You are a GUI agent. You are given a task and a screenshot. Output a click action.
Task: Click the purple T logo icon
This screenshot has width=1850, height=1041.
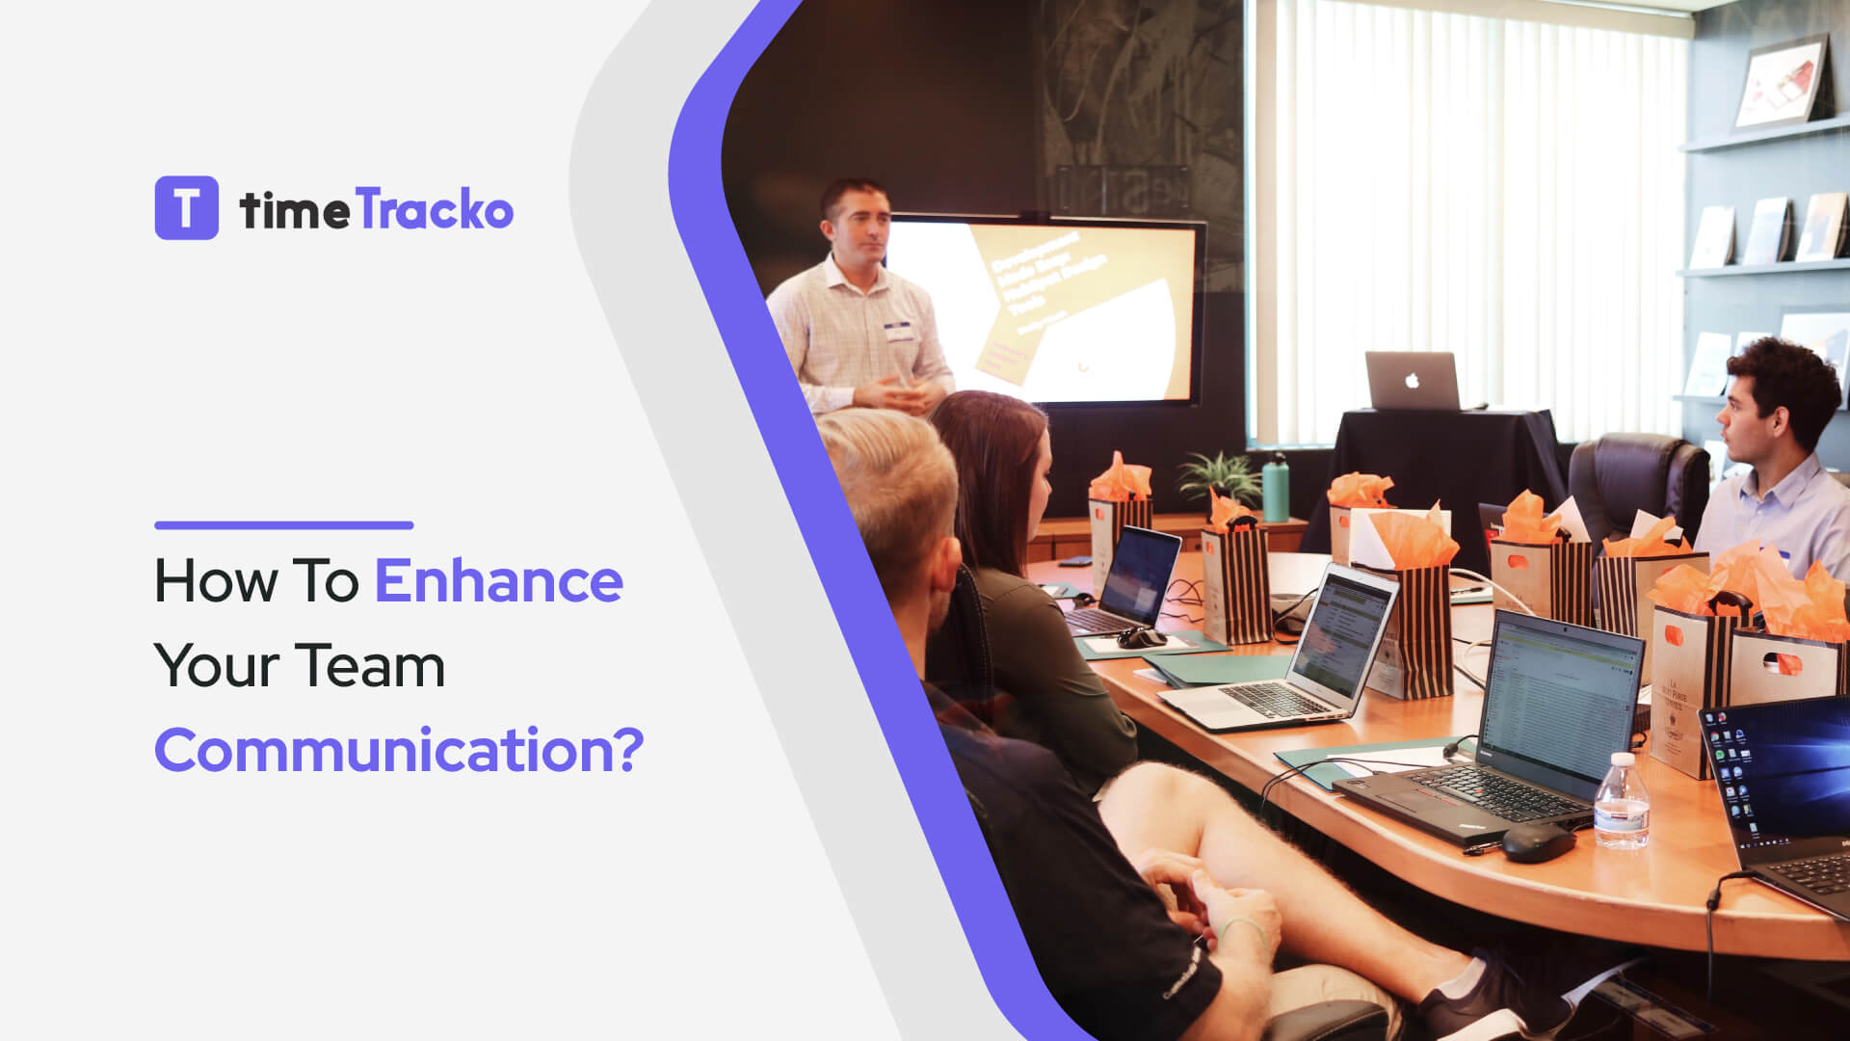point(186,207)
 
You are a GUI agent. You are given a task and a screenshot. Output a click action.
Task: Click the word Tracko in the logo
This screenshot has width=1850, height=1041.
point(435,210)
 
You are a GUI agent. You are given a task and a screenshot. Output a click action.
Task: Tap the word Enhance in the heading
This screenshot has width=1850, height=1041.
point(498,581)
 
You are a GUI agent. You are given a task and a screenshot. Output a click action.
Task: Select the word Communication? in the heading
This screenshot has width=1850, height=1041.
point(398,750)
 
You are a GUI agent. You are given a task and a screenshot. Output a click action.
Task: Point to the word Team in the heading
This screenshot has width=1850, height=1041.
point(369,666)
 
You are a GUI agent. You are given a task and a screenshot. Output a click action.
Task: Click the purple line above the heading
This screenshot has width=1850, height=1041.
point(283,525)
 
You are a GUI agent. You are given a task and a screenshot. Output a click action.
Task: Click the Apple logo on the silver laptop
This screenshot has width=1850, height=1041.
point(1412,381)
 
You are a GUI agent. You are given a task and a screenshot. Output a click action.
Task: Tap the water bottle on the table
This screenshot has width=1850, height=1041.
point(1621,802)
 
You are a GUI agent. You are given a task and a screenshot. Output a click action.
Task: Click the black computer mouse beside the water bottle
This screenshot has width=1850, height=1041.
point(1537,842)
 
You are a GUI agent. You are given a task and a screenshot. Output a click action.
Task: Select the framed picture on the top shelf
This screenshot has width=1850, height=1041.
point(1783,84)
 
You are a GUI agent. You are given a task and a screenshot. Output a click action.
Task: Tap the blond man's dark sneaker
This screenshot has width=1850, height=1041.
point(1484,1002)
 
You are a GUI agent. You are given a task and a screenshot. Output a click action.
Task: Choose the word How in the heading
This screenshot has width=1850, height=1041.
point(215,581)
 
